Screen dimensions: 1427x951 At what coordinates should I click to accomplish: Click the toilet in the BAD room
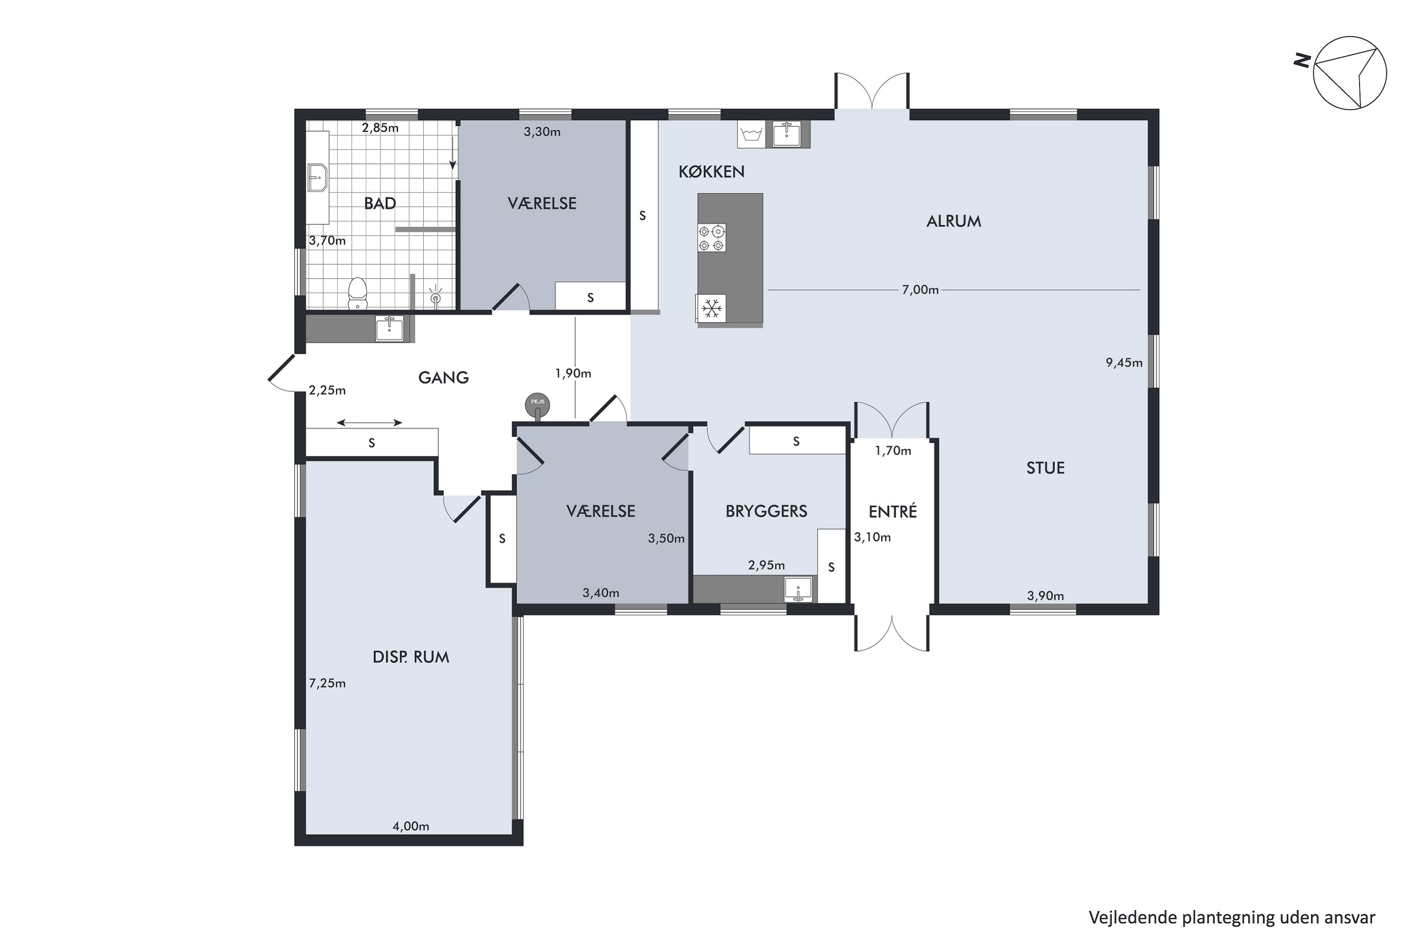[x=357, y=293]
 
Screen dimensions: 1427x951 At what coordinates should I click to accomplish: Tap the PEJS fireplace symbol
[x=538, y=405]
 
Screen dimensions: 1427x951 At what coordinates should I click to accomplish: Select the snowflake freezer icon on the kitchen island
[x=711, y=308]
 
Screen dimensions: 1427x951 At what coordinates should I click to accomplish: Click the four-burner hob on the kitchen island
[x=711, y=238]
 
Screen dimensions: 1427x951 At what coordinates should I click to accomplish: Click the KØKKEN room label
[x=711, y=172]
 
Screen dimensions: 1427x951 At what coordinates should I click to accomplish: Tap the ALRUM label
[x=953, y=222]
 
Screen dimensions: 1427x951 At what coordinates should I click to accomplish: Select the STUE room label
[x=1045, y=467]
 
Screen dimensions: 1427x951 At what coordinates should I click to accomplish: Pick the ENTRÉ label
[x=892, y=511]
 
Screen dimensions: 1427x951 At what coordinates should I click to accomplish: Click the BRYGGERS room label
[x=766, y=511]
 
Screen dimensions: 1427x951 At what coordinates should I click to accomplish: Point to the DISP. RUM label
[x=411, y=657]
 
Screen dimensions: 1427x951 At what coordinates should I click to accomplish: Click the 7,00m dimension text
[x=920, y=290]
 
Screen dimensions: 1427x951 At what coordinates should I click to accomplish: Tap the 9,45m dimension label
[x=1124, y=363]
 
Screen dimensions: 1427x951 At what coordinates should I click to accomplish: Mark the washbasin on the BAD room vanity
[x=317, y=177]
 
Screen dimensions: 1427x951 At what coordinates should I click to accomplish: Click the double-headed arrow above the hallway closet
[x=370, y=423]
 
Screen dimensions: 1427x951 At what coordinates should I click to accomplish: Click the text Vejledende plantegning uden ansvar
[x=1232, y=918]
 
